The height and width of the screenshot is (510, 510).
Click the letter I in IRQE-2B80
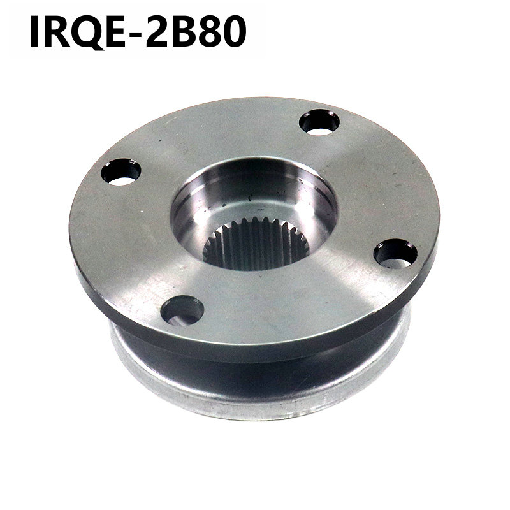click(34, 31)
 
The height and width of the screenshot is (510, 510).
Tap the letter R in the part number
click(56, 31)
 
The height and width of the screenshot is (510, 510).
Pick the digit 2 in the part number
click(158, 31)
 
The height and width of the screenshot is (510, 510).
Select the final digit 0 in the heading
click(234, 31)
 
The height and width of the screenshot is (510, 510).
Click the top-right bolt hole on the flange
click(319, 122)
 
